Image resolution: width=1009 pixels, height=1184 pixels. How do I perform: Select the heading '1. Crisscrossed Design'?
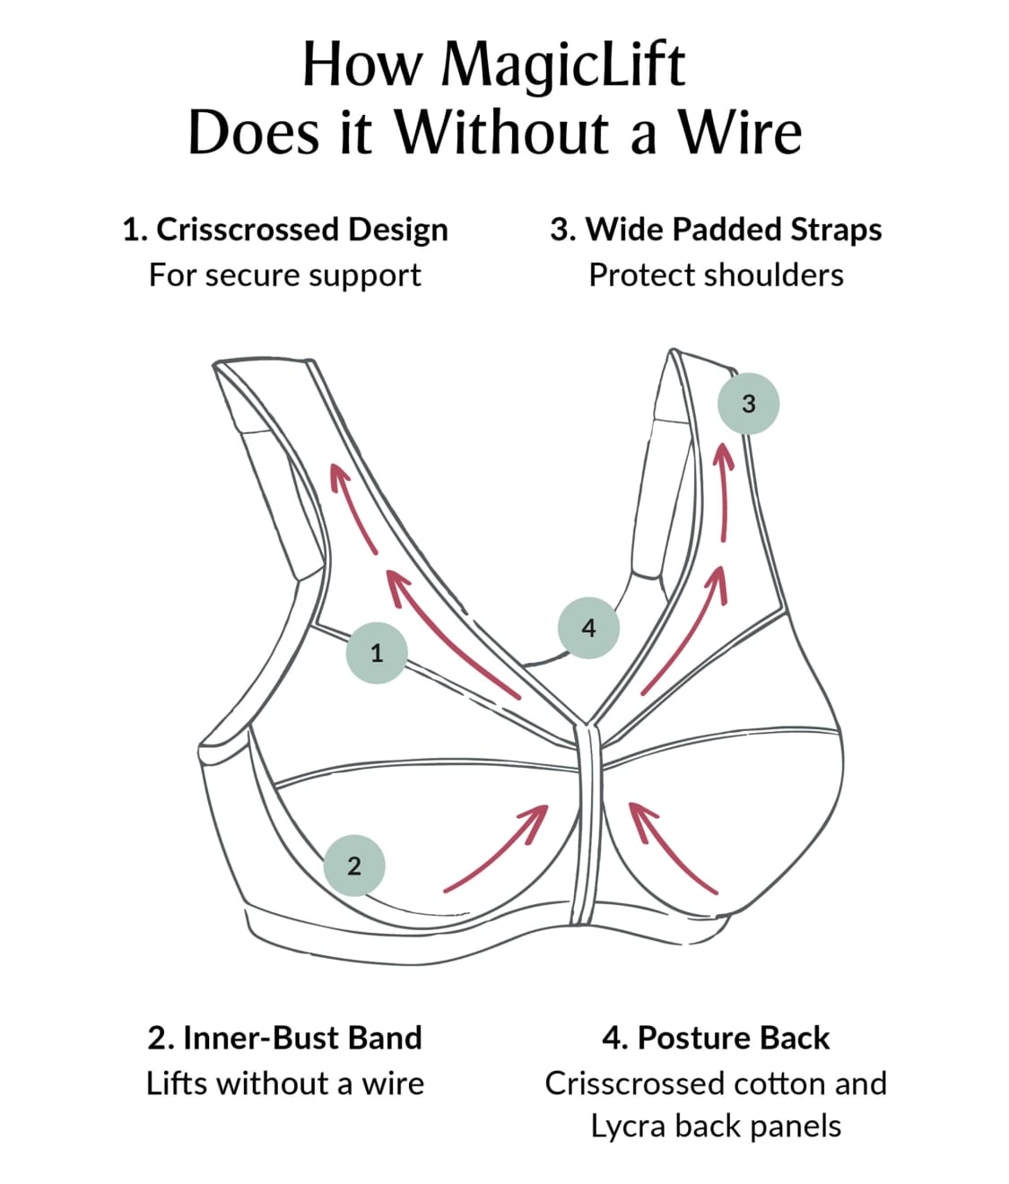click(x=285, y=230)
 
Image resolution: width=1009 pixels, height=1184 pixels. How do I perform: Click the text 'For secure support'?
click(x=285, y=274)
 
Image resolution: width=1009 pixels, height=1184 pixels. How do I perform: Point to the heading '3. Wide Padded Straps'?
click(x=716, y=230)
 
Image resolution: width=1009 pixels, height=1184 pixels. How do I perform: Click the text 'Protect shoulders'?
click(x=716, y=274)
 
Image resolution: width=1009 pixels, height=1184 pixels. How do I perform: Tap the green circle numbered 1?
click(x=377, y=652)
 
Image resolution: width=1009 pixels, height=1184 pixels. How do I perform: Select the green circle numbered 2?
click(x=353, y=866)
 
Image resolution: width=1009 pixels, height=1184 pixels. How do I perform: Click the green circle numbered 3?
click(x=748, y=403)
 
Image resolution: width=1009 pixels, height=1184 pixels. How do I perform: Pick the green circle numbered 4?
click(x=588, y=627)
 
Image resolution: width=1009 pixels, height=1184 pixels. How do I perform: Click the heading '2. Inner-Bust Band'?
click(x=285, y=1038)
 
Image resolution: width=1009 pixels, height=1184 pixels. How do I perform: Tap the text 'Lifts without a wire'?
click(x=285, y=1084)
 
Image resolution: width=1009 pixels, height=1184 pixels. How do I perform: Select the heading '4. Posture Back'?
click(x=716, y=1038)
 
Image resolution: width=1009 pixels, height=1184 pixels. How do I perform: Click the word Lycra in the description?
click(x=628, y=1126)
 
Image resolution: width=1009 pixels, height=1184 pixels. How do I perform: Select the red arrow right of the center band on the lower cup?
click(x=672, y=848)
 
